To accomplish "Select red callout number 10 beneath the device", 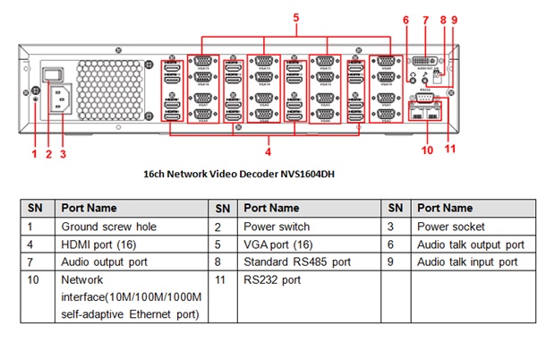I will click(427, 150).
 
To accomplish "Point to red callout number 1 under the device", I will click(34, 154).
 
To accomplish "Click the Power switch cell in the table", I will click(277, 227).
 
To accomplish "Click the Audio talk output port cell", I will click(470, 244).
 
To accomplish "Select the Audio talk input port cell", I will click(467, 262).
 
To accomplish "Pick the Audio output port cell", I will click(107, 262).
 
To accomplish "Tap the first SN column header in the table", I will click(34, 208).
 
